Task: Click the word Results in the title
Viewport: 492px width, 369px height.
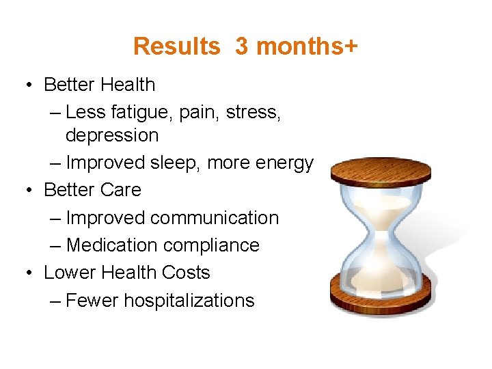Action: click(x=176, y=46)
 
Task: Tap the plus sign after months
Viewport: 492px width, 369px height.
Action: click(x=351, y=46)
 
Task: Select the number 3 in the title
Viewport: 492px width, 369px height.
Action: click(x=241, y=46)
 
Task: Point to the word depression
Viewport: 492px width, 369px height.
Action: click(x=112, y=135)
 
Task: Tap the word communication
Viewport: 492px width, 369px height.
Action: click(x=215, y=218)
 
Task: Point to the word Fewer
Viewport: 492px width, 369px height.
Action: click(x=92, y=301)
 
